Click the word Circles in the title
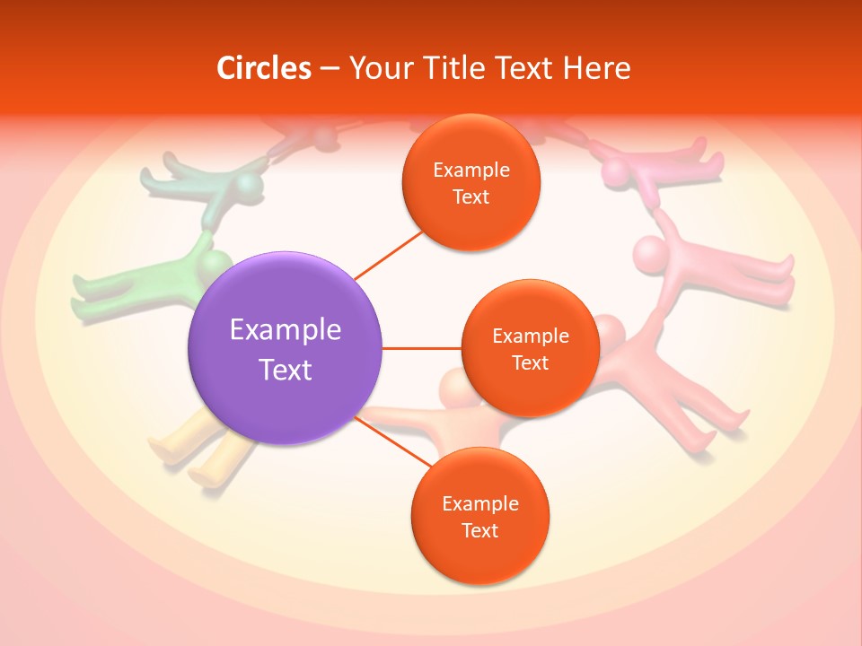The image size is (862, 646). pos(263,68)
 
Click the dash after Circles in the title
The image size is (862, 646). pos(330,69)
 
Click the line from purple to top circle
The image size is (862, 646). pos(388,254)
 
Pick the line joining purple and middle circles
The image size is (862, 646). pos(421,348)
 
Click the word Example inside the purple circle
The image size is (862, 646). pos(286,330)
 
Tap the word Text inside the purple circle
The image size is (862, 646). pos(286,370)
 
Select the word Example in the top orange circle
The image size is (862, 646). pos(471,170)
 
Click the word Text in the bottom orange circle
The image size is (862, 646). pos(479,530)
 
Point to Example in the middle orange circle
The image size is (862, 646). pos(530,336)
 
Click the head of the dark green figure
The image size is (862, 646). pos(249,187)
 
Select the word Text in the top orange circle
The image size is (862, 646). pos(471,197)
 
